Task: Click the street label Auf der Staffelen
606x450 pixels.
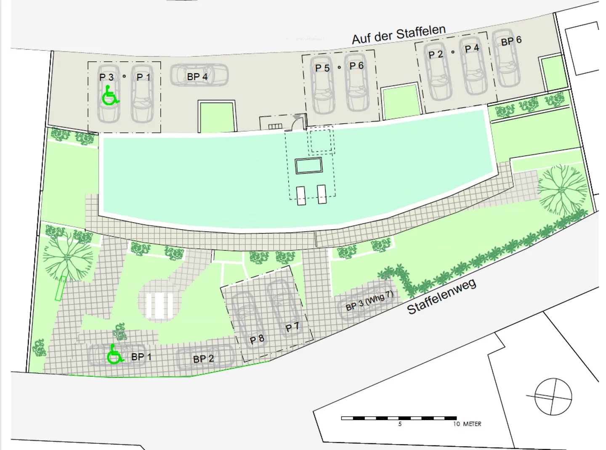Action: coord(399,34)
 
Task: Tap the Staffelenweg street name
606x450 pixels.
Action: coord(441,296)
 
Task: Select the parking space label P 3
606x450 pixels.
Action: coord(106,77)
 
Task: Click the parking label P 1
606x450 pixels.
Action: coord(143,77)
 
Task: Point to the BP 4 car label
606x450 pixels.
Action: coord(197,77)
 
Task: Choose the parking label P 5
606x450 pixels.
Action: coord(322,68)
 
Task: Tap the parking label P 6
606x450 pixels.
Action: coord(356,66)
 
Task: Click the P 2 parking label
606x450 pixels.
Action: coord(436,55)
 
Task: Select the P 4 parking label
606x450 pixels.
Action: coord(472,49)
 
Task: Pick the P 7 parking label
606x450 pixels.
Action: coord(292,327)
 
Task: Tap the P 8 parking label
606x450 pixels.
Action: coord(257,339)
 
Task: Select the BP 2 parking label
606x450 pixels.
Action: coord(203,359)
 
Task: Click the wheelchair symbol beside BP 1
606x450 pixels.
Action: coord(114,355)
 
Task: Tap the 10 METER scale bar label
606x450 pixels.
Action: coord(467,424)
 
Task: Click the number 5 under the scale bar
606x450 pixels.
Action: coord(400,424)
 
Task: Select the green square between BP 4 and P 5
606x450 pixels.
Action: coord(217,117)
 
